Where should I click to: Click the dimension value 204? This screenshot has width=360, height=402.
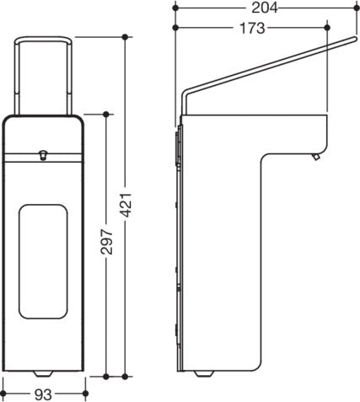pos(264,8)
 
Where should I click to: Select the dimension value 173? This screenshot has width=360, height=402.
pos(252,28)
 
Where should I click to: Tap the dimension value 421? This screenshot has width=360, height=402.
pos(126,205)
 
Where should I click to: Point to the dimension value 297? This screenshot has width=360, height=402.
pos(107,242)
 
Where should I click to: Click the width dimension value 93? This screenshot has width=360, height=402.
pos(43,395)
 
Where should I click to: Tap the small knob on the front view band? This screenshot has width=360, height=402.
pos(43,155)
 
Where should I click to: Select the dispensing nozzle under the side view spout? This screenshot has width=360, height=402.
pos(316,157)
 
